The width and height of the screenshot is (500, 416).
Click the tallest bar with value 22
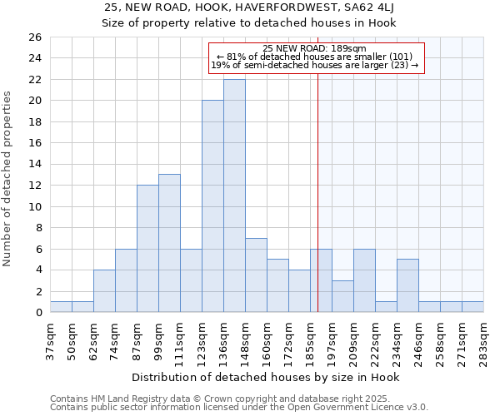(234, 196)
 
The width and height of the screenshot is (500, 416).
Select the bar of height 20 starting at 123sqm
(212, 206)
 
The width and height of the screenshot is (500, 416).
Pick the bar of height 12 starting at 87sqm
(147, 249)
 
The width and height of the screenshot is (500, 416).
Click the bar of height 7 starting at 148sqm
(256, 275)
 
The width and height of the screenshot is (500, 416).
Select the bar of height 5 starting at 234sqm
(407, 285)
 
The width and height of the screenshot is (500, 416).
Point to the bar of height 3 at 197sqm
(342, 296)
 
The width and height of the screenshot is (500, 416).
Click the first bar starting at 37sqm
(61, 307)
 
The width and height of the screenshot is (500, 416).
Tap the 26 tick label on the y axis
(34, 37)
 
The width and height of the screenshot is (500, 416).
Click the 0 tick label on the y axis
(37, 313)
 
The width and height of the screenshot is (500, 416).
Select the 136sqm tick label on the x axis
(223, 339)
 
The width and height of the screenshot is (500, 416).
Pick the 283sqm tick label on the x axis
(483, 339)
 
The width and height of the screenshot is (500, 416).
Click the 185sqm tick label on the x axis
(310, 339)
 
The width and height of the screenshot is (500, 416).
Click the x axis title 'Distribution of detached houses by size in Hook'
(266, 377)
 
